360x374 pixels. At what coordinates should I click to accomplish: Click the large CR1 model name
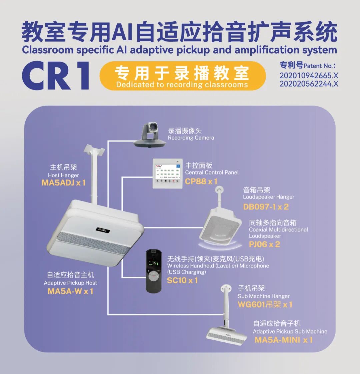(x=56, y=75)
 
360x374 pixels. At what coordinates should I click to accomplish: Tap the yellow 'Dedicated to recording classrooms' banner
(x=182, y=76)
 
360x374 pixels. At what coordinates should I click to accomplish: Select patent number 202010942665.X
(x=309, y=76)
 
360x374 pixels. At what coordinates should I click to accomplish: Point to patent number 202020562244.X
(x=309, y=84)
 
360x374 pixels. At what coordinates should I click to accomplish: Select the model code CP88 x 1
(x=201, y=182)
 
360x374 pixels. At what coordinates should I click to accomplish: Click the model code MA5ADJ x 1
(x=63, y=183)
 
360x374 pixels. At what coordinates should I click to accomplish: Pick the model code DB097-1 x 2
(x=266, y=207)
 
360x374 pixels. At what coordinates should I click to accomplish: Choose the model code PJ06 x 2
(x=264, y=244)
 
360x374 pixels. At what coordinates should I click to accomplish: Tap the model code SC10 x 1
(x=182, y=280)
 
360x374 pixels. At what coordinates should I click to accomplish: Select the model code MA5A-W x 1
(x=70, y=291)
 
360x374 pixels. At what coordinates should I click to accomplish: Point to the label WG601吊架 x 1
(x=265, y=305)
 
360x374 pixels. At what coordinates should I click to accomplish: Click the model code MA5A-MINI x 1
(x=283, y=340)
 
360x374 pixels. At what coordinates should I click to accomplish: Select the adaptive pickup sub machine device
(x=227, y=335)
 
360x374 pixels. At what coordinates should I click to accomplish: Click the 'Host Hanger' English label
(x=63, y=175)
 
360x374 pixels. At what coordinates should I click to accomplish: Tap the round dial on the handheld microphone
(x=153, y=275)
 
